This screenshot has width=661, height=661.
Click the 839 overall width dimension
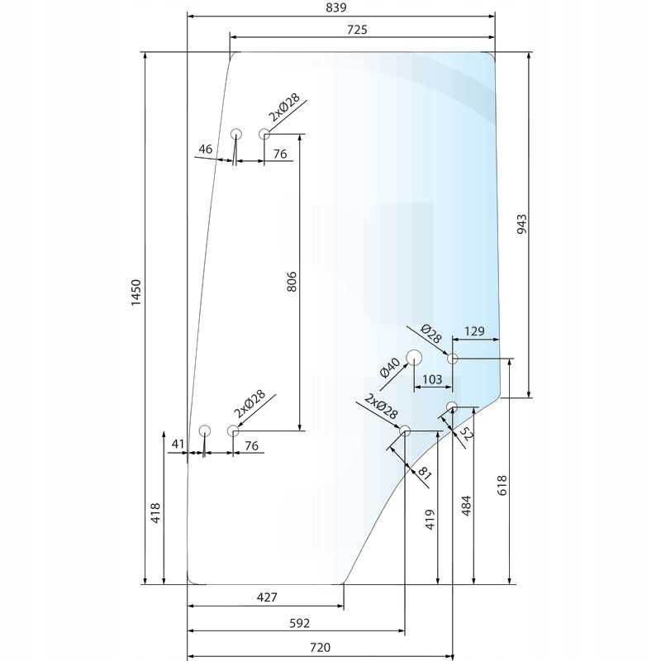click(x=336, y=7)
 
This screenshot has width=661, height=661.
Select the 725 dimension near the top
click(x=357, y=30)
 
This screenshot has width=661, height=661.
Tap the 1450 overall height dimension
click(x=136, y=292)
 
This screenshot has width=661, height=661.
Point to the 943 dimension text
click(x=521, y=224)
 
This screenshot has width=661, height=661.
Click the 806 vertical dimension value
click(x=292, y=282)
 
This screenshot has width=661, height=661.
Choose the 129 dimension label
click(x=474, y=331)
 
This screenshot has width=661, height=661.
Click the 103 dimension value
click(x=432, y=379)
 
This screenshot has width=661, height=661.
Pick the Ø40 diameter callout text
click(x=389, y=367)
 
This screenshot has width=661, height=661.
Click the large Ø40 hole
click(x=414, y=358)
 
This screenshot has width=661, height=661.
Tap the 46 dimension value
click(x=205, y=149)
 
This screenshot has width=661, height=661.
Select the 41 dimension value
click(x=178, y=444)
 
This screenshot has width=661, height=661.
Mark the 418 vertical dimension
click(x=155, y=512)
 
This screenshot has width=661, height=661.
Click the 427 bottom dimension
click(x=267, y=597)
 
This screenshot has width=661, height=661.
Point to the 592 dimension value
click(x=299, y=623)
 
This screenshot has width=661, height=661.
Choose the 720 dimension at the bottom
click(x=321, y=647)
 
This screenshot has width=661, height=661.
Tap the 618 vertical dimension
click(x=502, y=485)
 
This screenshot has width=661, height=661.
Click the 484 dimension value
click(x=466, y=506)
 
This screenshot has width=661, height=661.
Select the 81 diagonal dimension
click(x=424, y=473)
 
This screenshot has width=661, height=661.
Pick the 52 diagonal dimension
click(x=466, y=433)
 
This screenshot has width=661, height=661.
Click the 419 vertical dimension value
click(x=430, y=520)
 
